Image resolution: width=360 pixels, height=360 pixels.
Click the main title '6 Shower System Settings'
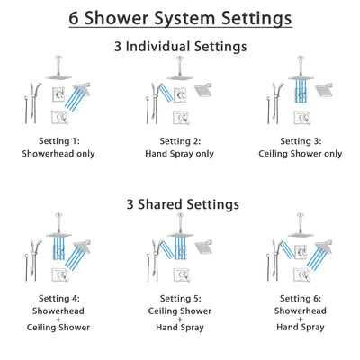tap(180, 18)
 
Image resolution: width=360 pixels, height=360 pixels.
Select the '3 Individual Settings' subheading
tap(180, 46)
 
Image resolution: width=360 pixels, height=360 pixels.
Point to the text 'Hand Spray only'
tap(180, 154)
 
